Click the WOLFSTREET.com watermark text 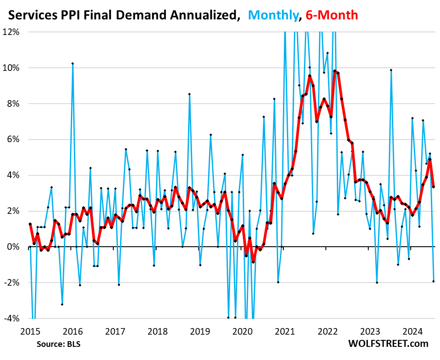tap(389, 343)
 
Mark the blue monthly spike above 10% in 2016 tap(73, 63)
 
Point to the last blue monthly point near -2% tap(433, 281)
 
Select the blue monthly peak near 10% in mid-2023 tap(391, 70)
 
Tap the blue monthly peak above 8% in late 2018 tap(189, 94)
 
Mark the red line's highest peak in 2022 tap(334, 71)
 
